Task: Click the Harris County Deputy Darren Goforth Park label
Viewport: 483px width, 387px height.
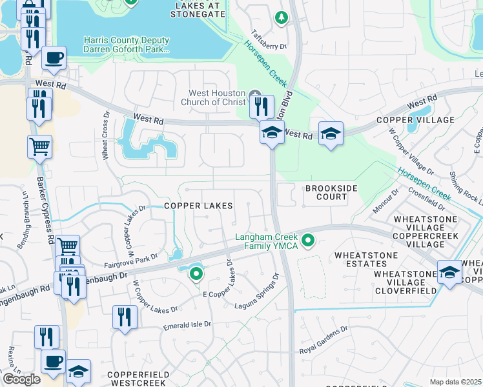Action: point(127,44)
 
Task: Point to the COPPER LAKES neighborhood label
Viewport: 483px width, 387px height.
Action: point(198,205)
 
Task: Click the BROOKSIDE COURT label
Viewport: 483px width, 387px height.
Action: point(326,192)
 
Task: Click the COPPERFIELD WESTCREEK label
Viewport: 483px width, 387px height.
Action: point(139,379)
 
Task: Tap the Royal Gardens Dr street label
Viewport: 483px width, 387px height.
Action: point(324,340)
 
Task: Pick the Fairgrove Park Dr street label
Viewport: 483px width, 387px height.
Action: point(131,261)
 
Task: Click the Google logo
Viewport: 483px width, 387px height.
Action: point(21,379)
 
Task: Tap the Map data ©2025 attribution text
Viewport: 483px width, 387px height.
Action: point(455,382)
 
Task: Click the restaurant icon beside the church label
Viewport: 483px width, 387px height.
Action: point(262,106)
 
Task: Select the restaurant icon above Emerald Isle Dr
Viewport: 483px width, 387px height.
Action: point(124,317)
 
